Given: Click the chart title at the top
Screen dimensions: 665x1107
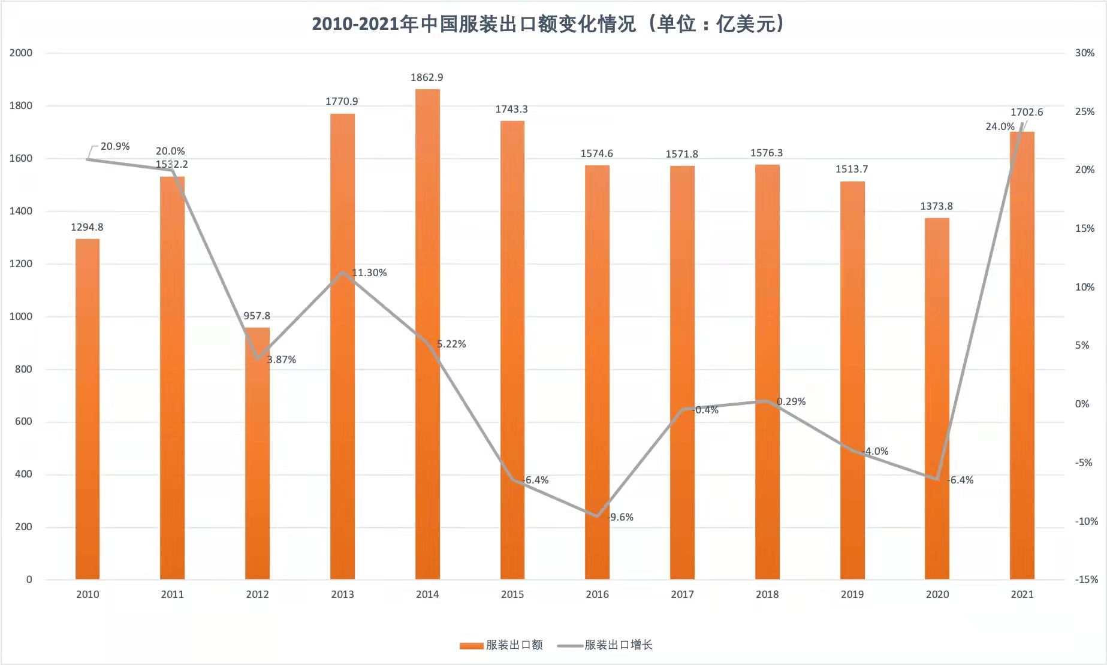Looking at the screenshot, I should pyautogui.click(x=548, y=24).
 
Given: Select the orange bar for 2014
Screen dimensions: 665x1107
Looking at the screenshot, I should pyautogui.click(x=427, y=335).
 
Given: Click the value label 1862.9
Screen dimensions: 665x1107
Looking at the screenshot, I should pyautogui.click(x=427, y=77).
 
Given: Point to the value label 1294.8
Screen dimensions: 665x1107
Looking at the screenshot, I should pyautogui.click(x=87, y=227).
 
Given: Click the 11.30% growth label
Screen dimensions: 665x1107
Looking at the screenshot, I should pyautogui.click(x=369, y=273).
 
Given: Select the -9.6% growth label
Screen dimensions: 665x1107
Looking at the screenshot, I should pyautogui.click(x=621, y=517).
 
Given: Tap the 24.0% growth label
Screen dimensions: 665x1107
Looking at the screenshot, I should pyautogui.click(x=1000, y=126).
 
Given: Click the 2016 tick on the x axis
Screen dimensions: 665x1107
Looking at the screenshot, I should pyautogui.click(x=597, y=594).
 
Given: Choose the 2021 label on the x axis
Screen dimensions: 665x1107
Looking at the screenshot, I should pyautogui.click(x=1022, y=594).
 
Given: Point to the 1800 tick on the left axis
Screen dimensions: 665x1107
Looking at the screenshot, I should pyautogui.click(x=21, y=105).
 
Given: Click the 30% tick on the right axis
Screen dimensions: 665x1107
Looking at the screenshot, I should pyautogui.click(x=1084, y=53).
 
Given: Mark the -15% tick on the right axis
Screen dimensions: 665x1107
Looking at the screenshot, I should pyautogui.click(x=1086, y=579).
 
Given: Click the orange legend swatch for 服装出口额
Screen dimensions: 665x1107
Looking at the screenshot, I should pyautogui.click(x=471, y=645).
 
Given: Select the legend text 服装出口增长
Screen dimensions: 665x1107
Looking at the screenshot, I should pyautogui.click(x=619, y=645).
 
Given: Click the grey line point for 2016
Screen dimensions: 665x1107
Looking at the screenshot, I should pyautogui.click(x=597, y=516).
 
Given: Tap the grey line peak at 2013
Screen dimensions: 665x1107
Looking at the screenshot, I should pyautogui.click(x=343, y=273).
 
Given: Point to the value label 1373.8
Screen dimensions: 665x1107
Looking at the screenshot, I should pyautogui.click(x=936, y=206).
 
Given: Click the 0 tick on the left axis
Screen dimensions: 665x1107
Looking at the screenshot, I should pyautogui.click(x=29, y=579).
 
